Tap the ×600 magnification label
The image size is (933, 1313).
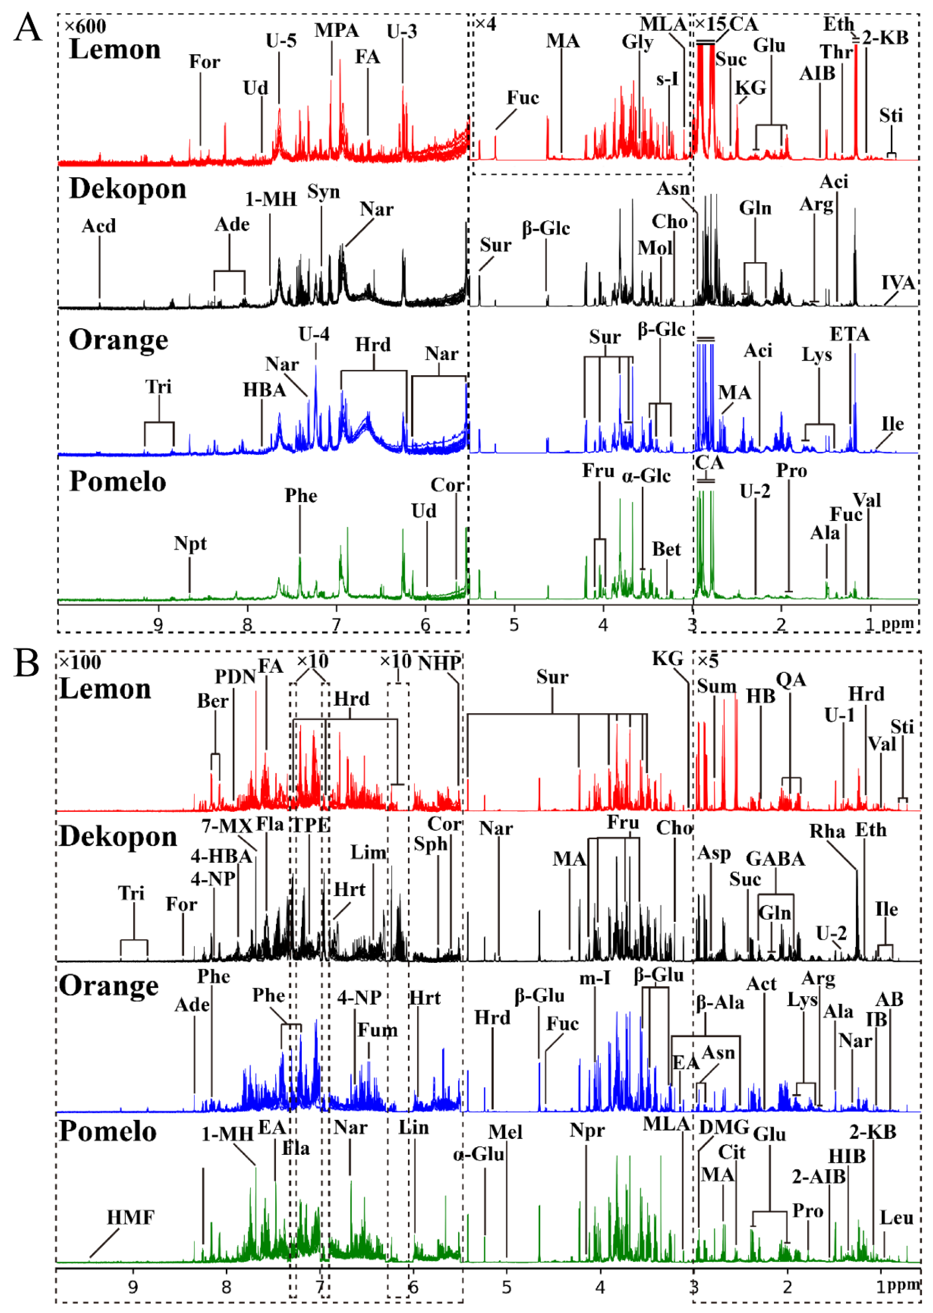pyautogui.click(x=85, y=26)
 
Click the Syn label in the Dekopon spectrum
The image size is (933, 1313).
pyautogui.click(x=323, y=192)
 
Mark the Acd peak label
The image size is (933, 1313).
pyautogui.click(x=99, y=226)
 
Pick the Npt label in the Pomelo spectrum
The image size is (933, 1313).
pyautogui.click(x=190, y=544)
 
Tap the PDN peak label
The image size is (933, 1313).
pyautogui.click(x=235, y=677)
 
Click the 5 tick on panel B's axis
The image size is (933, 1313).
pyautogui.click(x=507, y=1287)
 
